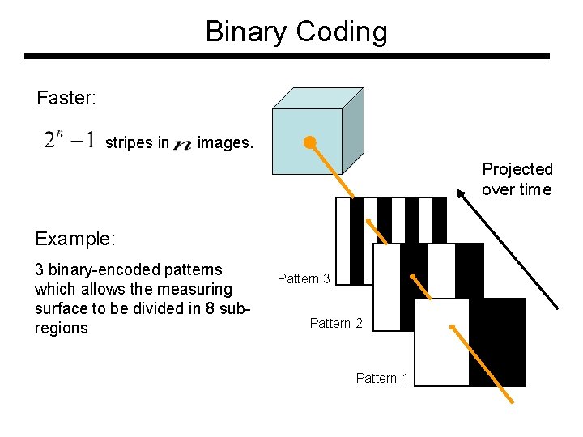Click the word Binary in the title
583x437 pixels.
(x=247, y=32)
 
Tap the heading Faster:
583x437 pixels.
(x=66, y=99)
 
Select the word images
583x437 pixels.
(x=225, y=143)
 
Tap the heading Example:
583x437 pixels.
(x=75, y=239)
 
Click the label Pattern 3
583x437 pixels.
(x=304, y=278)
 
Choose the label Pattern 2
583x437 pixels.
(x=336, y=324)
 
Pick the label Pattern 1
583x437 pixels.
(x=382, y=378)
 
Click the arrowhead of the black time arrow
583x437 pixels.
(x=460, y=193)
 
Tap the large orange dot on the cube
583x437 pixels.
(x=309, y=143)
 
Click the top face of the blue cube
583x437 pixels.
(x=317, y=98)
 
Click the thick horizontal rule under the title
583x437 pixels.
(x=287, y=57)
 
